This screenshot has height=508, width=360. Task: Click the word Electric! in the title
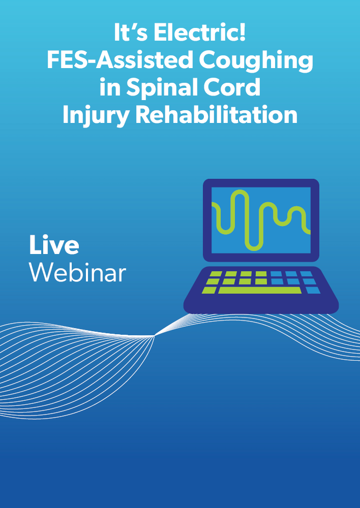[199, 33]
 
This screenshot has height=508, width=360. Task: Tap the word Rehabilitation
[216, 115]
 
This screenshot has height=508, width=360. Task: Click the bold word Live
[54, 245]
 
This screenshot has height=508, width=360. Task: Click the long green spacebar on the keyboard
[260, 290]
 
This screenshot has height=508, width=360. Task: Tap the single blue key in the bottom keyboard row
[313, 290]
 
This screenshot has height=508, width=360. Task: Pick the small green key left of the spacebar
[209, 290]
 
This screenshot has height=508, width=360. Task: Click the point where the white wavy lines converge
[155, 336]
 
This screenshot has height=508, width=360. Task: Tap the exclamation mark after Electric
[242, 33]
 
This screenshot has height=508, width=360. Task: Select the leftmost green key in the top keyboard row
[216, 274]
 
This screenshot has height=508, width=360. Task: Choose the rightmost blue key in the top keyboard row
[306, 274]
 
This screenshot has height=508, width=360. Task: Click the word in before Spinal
[110, 87]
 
